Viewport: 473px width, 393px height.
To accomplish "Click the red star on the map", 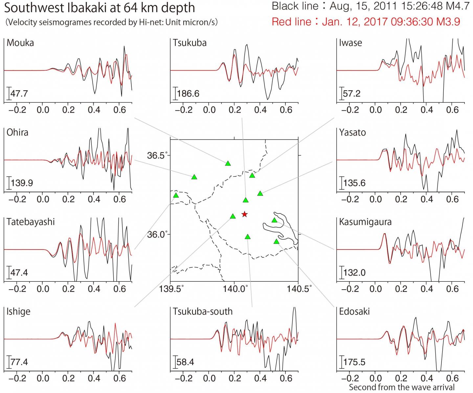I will [x=244, y=214].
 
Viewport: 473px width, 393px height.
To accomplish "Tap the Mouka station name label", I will [x=20, y=43].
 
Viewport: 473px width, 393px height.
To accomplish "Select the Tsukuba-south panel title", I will [x=203, y=311].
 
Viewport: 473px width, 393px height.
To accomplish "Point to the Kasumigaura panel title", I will [x=365, y=222].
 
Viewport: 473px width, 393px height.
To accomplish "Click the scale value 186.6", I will [x=188, y=94].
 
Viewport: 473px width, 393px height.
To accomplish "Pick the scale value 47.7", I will [x=19, y=94].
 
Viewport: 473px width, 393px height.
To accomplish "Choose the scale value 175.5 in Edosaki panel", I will [x=354, y=362].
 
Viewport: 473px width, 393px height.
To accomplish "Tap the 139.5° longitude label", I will [x=171, y=289].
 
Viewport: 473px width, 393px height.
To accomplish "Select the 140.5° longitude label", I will [x=299, y=289].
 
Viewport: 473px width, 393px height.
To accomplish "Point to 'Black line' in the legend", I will [x=295, y=6].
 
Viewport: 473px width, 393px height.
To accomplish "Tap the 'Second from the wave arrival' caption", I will [x=402, y=387].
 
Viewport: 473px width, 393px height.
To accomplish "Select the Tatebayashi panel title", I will [x=31, y=222].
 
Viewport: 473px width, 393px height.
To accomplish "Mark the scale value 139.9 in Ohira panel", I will [x=22, y=183].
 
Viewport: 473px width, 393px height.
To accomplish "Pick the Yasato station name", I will [x=352, y=133].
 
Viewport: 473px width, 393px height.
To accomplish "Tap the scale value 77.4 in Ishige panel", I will [x=19, y=362].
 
